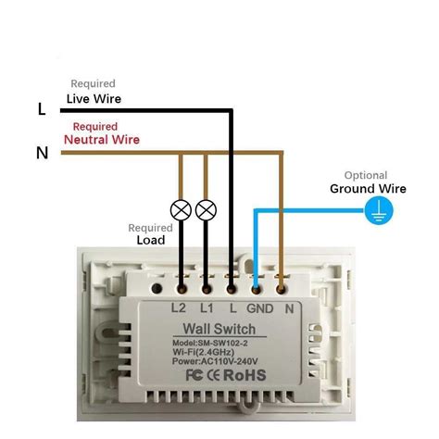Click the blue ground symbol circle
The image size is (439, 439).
379,210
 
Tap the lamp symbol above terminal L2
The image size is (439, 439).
181,210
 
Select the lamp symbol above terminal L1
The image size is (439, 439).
206,210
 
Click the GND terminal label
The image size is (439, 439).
260,308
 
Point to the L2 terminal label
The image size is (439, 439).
179,307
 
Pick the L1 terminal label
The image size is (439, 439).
207,307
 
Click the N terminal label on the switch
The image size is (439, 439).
289,308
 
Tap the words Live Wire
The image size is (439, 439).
94,99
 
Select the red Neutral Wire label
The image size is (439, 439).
102,140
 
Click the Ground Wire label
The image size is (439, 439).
368,189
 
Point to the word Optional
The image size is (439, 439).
366,175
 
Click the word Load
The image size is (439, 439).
151,240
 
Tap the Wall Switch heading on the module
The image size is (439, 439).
219,329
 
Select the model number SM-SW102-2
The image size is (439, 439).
223,343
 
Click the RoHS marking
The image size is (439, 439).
245,375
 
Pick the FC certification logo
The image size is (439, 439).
194,375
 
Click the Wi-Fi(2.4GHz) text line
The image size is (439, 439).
204,352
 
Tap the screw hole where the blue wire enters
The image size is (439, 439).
256,289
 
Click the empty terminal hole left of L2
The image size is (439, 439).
157,289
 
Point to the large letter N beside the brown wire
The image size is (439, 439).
43,153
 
